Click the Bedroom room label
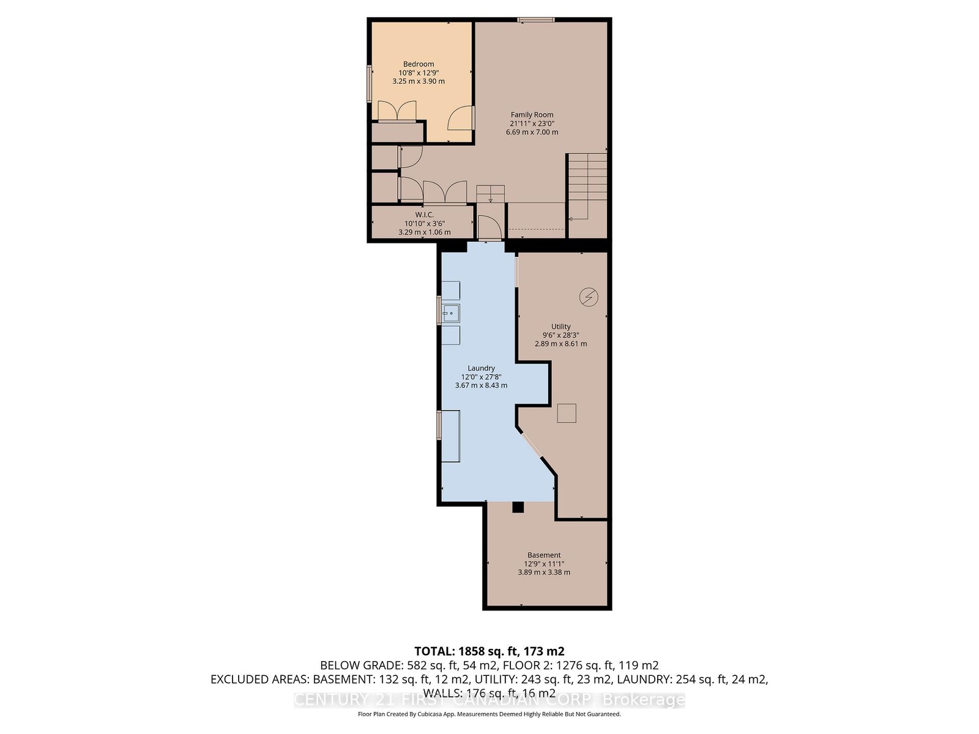419,64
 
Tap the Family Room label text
532,115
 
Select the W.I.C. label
424,215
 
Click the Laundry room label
481,368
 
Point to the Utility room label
560,327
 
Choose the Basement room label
544,555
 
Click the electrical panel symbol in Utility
588,297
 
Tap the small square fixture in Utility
567,413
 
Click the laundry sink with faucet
450,314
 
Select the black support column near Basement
518,507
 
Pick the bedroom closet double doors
397,111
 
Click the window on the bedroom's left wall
370,84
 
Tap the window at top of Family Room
535,20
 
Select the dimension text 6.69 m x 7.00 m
532,132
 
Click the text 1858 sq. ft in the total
487,651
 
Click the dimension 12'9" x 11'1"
544,564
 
